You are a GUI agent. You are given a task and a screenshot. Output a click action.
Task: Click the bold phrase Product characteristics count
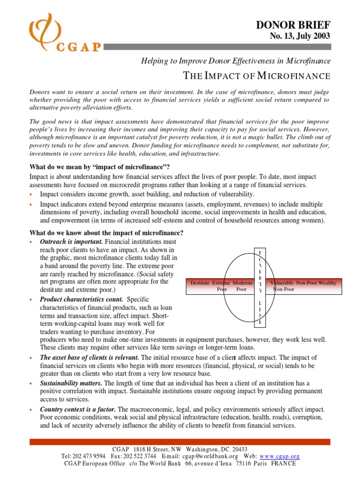(82, 299)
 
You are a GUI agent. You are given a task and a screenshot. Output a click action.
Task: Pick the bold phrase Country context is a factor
(78, 409)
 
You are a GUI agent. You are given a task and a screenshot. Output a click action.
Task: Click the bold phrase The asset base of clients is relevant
(90, 357)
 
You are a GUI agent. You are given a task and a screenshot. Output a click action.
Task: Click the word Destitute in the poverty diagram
(200, 283)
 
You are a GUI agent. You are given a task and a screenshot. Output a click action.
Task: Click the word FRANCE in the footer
(282, 463)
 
